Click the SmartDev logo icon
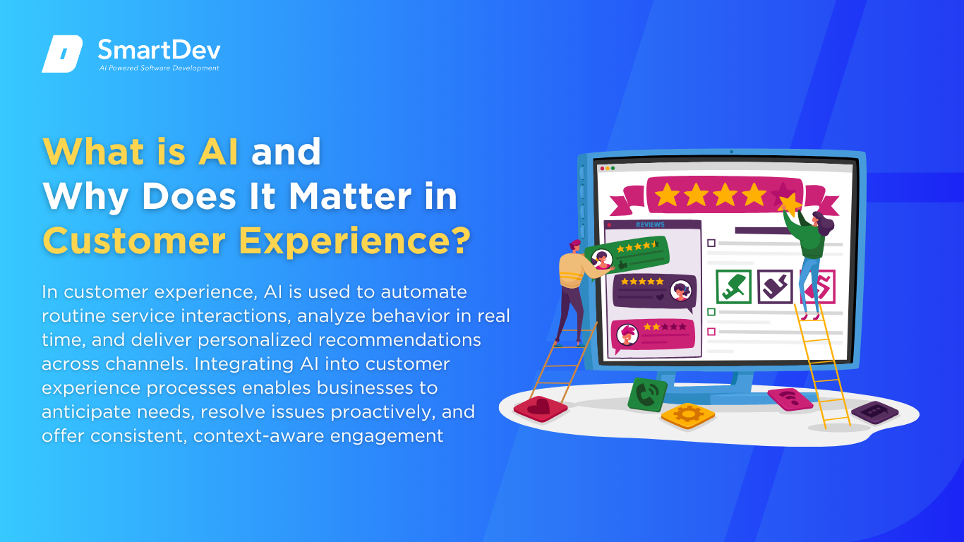click(62, 54)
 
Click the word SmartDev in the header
click(159, 50)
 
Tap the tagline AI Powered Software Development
click(159, 68)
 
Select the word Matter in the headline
click(349, 196)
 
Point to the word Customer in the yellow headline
click(134, 241)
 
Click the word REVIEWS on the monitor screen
click(650, 224)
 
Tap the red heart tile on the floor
click(541, 409)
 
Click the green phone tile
click(647, 395)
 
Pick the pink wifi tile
click(790, 399)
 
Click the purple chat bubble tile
click(874, 412)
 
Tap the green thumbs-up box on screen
click(734, 287)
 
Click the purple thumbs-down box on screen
click(775, 287)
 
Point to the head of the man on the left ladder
click(575, 246)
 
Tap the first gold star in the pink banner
click(667, 195)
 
